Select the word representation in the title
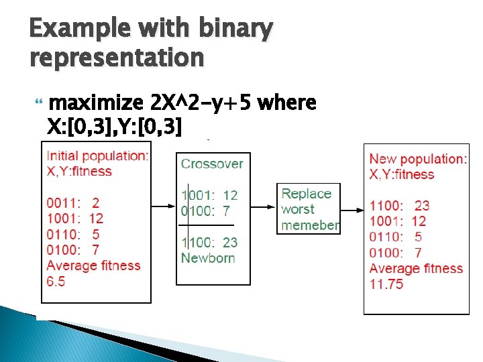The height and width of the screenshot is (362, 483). (x=117, y=58)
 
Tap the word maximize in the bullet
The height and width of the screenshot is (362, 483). (x=97, y=104)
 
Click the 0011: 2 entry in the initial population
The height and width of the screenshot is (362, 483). (x=73, y=202)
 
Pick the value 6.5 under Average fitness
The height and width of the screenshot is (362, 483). (x=56, y=282)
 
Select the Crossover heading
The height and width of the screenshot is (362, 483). (x=212, y=164)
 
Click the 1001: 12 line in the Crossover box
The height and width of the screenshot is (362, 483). (x=209, y=195)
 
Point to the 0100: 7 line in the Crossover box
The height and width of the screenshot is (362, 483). (x=209, y=210)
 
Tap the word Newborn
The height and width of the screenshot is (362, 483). (x=208, y=257)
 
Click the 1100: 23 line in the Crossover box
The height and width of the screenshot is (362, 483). (x=209, y=242)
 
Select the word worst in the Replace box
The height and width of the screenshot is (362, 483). (x=298, y=209)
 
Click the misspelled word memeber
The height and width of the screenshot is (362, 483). (x=310, y=225)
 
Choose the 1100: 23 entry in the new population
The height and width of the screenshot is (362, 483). (x=399, y=205)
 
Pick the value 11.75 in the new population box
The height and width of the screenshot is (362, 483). (x=387, y=284)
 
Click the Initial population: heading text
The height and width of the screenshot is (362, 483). (x=98, y=156)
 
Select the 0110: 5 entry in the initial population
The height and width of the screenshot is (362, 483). (x=73, y=234)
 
